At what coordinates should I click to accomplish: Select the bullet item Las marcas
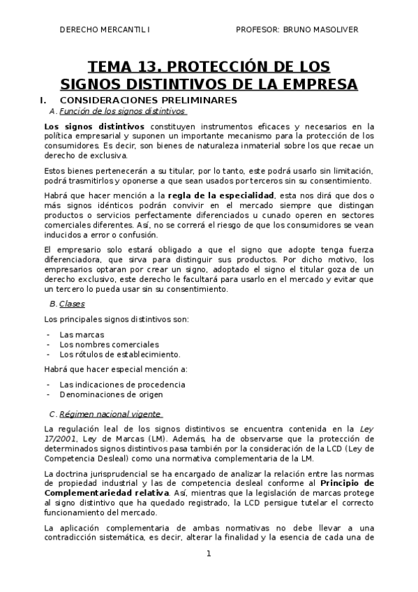point(82,334)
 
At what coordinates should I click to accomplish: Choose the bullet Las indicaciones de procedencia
point(122,384)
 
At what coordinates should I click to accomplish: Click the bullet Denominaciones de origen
point(111,394)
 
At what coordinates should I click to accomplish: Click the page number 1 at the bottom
point(208,554)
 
